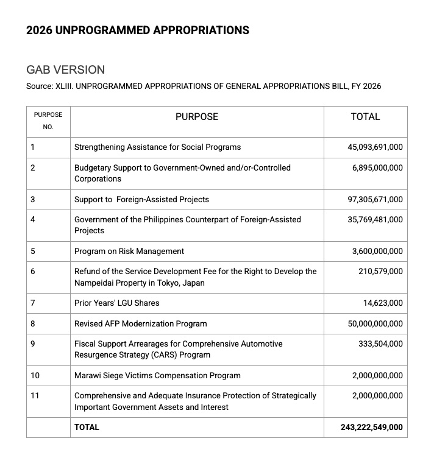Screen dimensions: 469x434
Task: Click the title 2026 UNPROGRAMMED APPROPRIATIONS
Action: pyautogui.click(x=137, y=30)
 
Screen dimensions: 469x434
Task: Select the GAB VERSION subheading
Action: pyautogui.click(x=65, y=69)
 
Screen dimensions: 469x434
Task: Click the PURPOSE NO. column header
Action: pyautogui.click(x=48, y=121)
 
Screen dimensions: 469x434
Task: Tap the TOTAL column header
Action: pyautogui.click(x=365, y=116)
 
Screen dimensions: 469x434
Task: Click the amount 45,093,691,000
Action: pyautogui.click(x=375, y=147)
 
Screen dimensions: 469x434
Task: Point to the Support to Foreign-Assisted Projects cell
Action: pyautogui.click(x=141, y=199)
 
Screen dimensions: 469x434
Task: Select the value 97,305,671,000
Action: pyautogui.click(x=375, y=199)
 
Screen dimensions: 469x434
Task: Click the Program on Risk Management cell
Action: pyautogui.click(x=129, y=251)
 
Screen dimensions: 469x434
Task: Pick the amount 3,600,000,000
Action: pyautogui.click(x=377, y=251)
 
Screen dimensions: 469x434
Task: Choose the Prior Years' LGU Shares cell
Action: pyautogui.click(x=116, y=303)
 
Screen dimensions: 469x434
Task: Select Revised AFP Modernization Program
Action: pyautogui.click(x=140, y=323)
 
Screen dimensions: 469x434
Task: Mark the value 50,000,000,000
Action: pyautogui.click(x=375, y=323)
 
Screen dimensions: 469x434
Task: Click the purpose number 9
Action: pyautogui.click(x=33, y=344)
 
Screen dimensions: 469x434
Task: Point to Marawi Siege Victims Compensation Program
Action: pyautogui.click(x=157, y=375)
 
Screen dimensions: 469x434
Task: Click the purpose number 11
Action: pyautogui.click(x=35, y=395)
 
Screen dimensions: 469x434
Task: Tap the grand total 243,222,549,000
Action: pyautogui.click(x=372, y=427)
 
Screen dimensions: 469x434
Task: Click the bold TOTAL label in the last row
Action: pyautogui.click(x=87, y=427)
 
